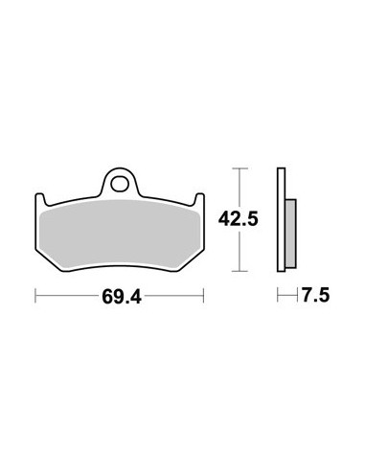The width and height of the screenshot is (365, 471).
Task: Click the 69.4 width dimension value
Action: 122,297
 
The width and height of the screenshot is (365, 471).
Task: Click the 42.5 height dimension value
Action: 238,219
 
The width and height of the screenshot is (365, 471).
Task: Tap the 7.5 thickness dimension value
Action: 315,295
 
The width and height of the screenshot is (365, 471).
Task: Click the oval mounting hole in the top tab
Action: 120,184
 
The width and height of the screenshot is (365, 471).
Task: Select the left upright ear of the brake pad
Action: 39,200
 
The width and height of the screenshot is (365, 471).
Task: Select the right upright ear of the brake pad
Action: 199,200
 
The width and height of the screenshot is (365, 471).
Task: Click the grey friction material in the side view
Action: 291,234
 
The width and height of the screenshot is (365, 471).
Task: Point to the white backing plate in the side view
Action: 281,220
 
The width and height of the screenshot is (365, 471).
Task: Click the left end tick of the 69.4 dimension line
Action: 35,296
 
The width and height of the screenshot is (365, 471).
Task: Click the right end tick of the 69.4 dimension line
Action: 203,296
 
